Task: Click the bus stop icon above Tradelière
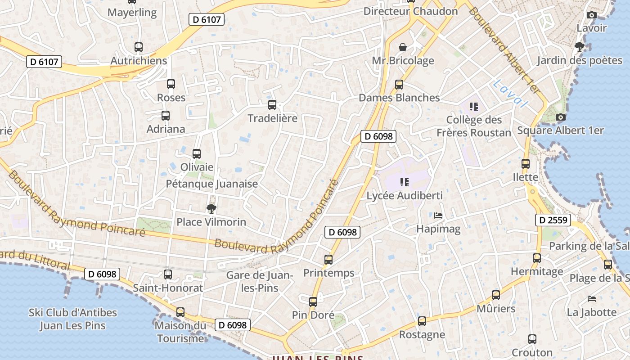click(x=272, y=105)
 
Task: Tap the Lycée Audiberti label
click(x=405, y=196)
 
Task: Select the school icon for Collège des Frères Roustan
click(x=473, y=107)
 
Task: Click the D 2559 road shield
click(x=553, y=220)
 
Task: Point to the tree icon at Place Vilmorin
click(x=211, y=208)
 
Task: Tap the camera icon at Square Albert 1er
click(x=560, y=117)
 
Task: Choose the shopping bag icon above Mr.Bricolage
click(x=403, y=47)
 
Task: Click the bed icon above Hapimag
click(x=438, y=216)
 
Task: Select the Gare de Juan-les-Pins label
click(x=259, y=281)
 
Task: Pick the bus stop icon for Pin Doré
click(x=313, y=302)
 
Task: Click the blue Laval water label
click(x=510, y=94)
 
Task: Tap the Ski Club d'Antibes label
click(x=73, y=319)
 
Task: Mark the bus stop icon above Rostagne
click(x=422, y=321)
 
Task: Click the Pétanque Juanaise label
click(x=212, y=184)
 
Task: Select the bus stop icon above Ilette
click(x=525, y=164)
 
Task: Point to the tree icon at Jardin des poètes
click(x=579, y=46)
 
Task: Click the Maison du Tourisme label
click(x=180, y=331)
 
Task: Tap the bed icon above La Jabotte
click(x=592, y=299)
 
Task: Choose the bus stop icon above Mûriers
click(x=495, y=295)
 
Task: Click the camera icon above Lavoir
click(x=592, y=15)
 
